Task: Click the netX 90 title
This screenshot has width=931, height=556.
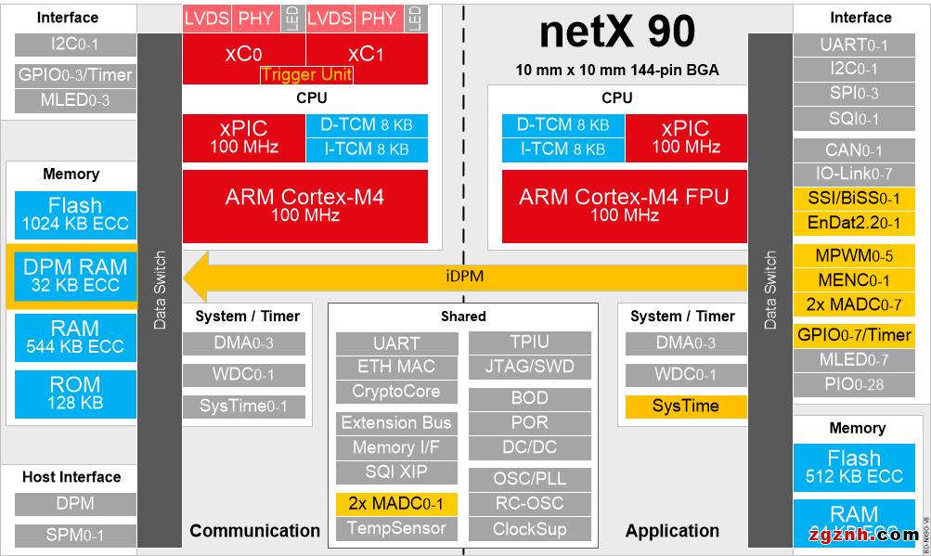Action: pyautogui.click(x=616, y=32)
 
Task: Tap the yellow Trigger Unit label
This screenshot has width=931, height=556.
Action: pyautogui.click(x=306, y=75)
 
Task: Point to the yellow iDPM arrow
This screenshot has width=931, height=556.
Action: pyautogui.click(x=464, y=276)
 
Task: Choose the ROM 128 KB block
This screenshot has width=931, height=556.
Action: pyautogui.click(x=75, y=393)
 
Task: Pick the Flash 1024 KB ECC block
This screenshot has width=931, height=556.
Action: pyautogui.click(x=75, y=213)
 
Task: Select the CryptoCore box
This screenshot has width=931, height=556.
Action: pyautogui.click(x=396, y=392)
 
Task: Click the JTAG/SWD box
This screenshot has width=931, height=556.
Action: pyautogui.click(x=529, y=367)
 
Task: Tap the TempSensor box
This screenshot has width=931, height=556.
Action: pyautogui.click(x=396, y=528)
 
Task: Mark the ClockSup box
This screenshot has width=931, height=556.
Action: pyautogui.click(x=529, y=529)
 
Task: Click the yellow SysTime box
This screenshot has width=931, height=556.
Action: pyautogui.click(x=685, y=406)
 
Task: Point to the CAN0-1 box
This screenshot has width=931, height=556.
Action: pyautogui.click(x=854, y=149)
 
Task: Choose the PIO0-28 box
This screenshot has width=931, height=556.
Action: pyautogui.click(x=854, y=383)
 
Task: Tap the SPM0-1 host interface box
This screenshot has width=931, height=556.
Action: pyautogui.click(x=75, y=535)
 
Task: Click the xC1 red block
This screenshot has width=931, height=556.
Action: pyautogui.click(x=366, y=55)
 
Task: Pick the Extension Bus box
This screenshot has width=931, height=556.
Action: pyautogui.click(x=396, y=423)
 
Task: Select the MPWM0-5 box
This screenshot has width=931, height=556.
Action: pyautogui.click(x=854, y=256)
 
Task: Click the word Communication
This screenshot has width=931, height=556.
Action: pyautogui.click(x=254, y=531)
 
